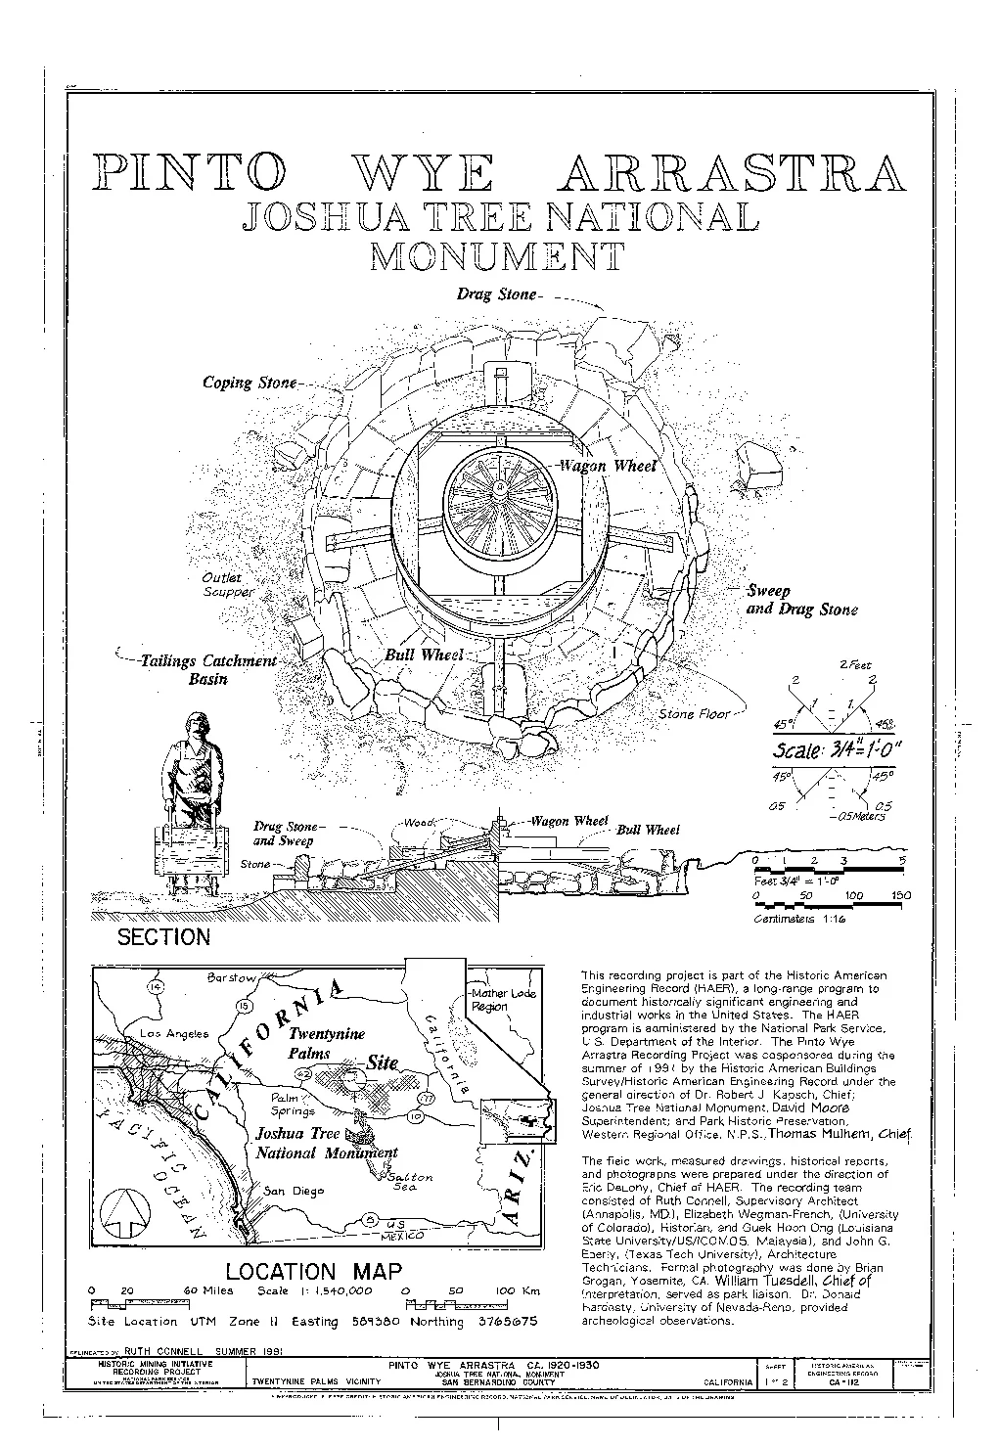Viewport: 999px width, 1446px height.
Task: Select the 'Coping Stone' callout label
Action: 249,383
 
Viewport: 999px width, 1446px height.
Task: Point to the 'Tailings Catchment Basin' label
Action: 208,670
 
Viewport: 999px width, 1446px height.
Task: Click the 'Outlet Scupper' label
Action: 228,585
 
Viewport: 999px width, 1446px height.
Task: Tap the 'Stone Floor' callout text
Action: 694,714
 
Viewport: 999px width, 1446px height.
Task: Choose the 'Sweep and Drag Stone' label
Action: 801,601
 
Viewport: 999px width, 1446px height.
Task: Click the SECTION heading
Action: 163,937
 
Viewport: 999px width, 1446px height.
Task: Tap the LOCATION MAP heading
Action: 313,1272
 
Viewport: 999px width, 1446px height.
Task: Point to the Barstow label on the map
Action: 232,977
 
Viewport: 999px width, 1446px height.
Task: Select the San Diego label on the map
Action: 294,1191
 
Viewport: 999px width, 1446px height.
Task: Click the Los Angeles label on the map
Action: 174,1033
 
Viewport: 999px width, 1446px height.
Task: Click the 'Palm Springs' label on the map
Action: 293,1105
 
